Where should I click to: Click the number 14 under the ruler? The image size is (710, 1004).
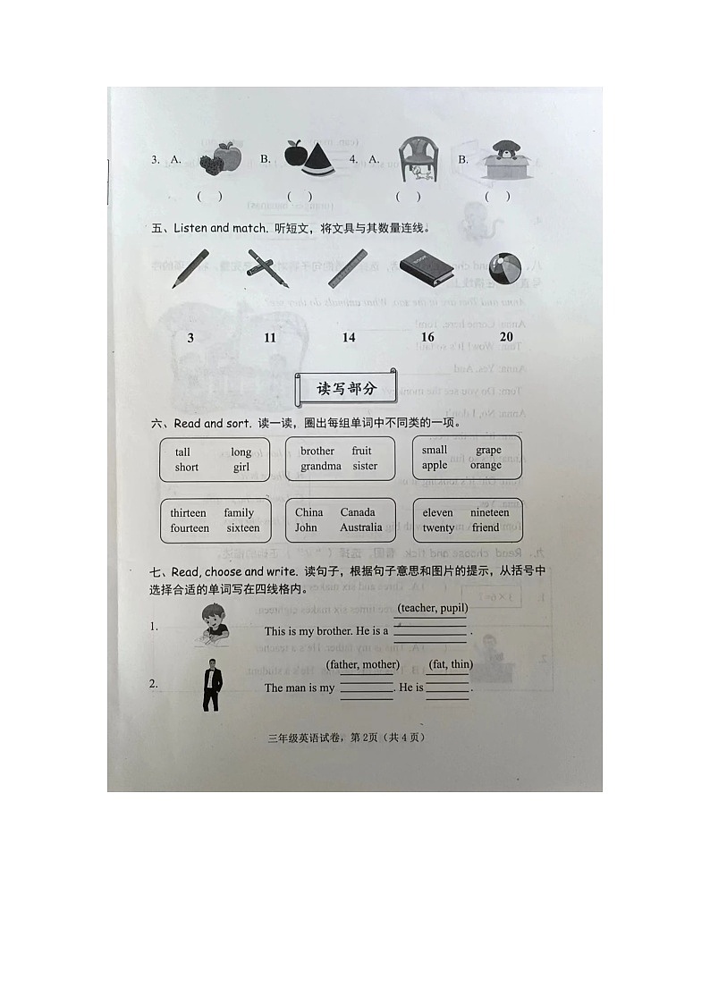pyautogui.click(x=349, y=337)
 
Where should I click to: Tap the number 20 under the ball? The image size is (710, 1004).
pyautogui.click(x=506, y=336)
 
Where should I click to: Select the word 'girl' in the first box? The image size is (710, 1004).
pyautogui.click(x=241, y=467)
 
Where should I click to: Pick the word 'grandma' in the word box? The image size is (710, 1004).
pyautogui.click(x=321, y=466)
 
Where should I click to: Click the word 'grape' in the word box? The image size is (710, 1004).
pyautogui.click(x=488, y=450)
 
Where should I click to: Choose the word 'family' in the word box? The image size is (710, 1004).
pyautogui.click(x=239, y=512)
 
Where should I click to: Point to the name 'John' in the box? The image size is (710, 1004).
pyautogui.click(x=306, y=527)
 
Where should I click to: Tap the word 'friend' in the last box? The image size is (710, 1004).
pyautogui.click(x=486, y=527)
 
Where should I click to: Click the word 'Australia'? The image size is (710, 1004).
pyautogui.click(x=360, y=527)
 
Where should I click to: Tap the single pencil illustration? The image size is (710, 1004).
pyautogui.click(x=190, y=268)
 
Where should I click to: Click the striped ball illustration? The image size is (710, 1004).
pyautogui.click(x=506, y=269)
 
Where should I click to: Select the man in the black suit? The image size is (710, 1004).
pyautogui.click(x=211, y=685)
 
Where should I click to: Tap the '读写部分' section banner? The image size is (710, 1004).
pyautogui.click(x=348, y=388)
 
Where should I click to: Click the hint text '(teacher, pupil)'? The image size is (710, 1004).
pyautogui.click(x=433, y=608)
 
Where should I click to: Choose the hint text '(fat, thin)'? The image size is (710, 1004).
pyautogui.click(x=450, y=664)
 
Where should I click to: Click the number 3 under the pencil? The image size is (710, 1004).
pyautogui.click(x=190, y=337)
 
